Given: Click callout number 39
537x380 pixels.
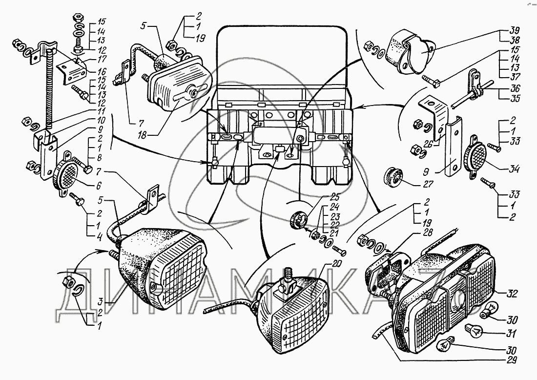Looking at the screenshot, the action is [515, 30].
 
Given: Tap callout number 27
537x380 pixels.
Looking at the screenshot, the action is [429, 184].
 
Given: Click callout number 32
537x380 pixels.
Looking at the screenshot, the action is [513, 294].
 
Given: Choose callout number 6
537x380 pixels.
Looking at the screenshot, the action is [98, 186].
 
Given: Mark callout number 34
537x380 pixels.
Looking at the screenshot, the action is [514, 169].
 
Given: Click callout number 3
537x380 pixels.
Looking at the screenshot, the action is [101, 302].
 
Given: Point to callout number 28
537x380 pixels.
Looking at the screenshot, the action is [428, 233].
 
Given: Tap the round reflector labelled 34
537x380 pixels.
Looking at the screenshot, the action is [475, 156].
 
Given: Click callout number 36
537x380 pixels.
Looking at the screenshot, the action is [515, 88].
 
